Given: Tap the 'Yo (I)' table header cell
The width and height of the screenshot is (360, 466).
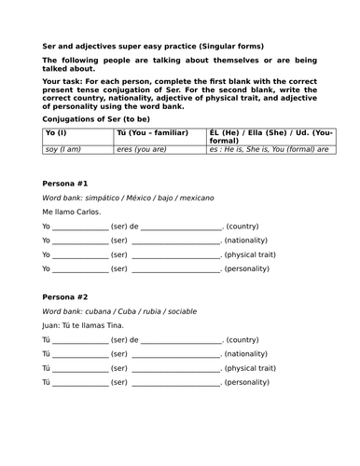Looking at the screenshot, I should coord(56,134).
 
